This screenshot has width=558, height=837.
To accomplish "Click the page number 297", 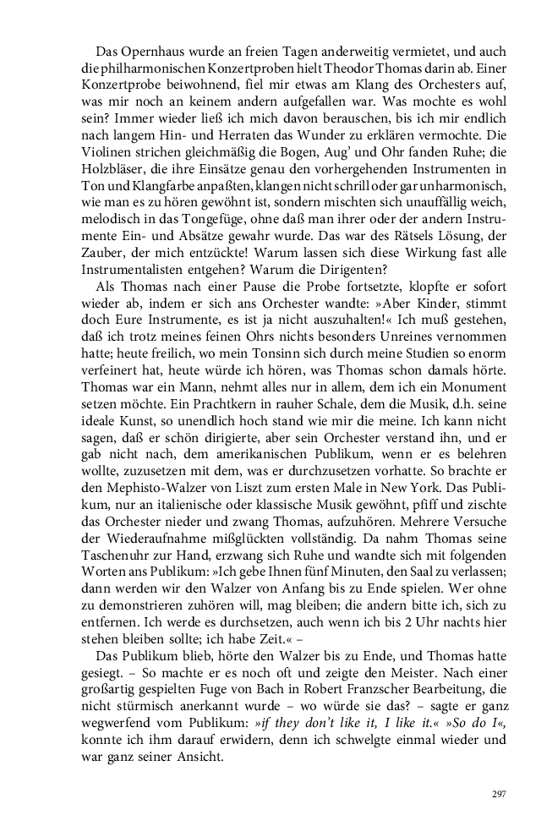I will pos(498,793).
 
